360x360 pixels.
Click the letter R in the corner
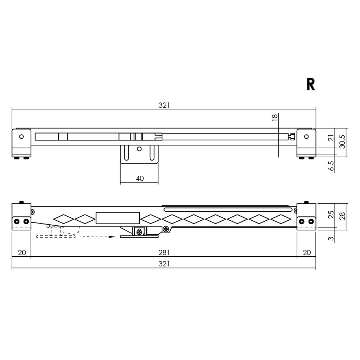(x=311, y=84)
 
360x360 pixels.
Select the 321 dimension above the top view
(x=164, y=105)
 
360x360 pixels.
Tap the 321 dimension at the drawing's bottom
(x=164, y=264)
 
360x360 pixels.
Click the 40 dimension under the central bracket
(x=140, y=179)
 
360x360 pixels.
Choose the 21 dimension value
(x=331, y=138)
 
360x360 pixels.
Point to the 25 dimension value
(x=331, y=216)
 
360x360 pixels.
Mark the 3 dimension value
(x=331, y=238)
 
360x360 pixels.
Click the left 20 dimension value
(x=22, y=252)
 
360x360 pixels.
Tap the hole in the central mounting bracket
(x=139, y=149)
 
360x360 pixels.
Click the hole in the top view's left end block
(x=22, y=137)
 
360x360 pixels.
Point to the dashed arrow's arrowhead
(x=112, y=237)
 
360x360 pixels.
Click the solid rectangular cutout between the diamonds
(x=118, y=218)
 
